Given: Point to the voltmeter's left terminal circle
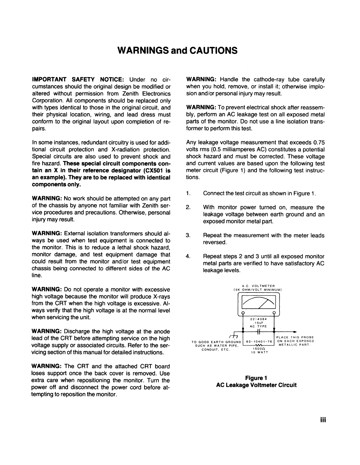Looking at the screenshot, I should (243, 313).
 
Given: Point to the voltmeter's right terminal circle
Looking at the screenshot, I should (274, 313).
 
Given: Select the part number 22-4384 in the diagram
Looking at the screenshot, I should (258, 319).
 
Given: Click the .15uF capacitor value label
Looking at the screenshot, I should (259, 323).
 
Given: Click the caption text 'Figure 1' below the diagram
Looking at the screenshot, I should (256, 378).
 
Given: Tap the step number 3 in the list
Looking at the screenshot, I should (188, 235).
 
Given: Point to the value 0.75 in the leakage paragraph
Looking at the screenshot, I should (319, 143).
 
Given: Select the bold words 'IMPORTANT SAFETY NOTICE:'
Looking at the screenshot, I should (79, 80).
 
